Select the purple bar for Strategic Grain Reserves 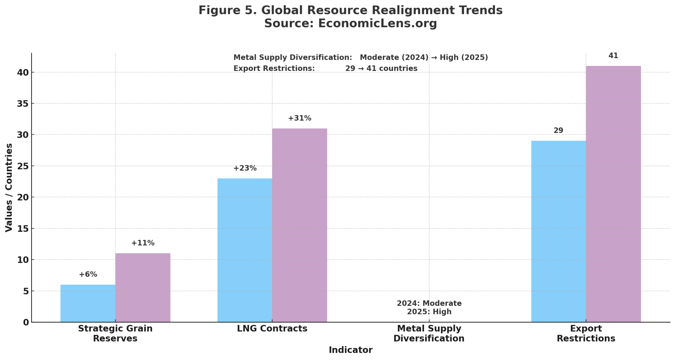(143, 288)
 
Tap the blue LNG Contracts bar (245, 250)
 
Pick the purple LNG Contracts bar (300, 225)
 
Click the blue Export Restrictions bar (558, 231)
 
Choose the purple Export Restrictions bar (613, 194)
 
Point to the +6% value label (88, 274)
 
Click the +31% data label (300, 118)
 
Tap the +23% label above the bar (245, 168)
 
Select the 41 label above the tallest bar (613, 56)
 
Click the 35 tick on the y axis (23, 104)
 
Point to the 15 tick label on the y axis (23, 229)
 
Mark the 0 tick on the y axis (26, 322)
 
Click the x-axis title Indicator (350, 350)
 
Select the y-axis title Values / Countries (9, 187)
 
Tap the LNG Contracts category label (272, 329)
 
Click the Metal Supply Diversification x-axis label (429, 333)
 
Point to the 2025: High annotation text (429, 312)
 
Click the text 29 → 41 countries (381, 69)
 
